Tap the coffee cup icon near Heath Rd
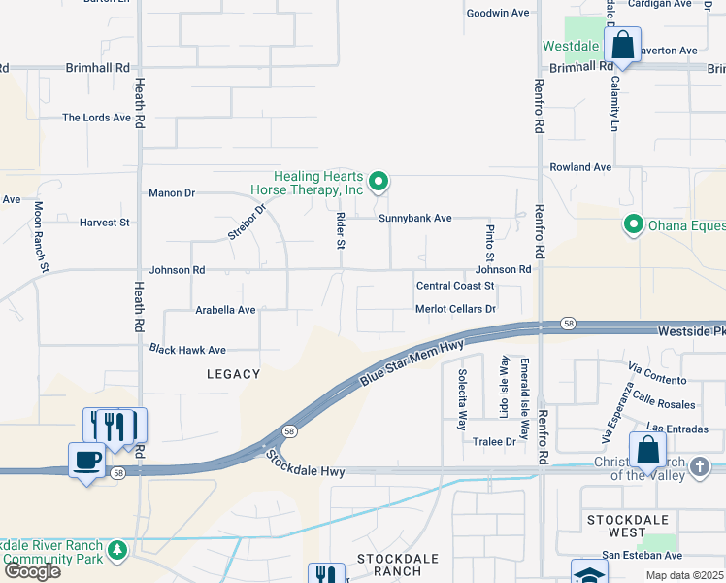[86, 460]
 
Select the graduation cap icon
[588, 574]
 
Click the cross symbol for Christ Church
[699, 467]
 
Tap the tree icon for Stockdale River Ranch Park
[116, 551]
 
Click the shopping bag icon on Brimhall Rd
[621, 45]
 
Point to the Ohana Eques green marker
[634, 225]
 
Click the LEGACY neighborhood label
[233, 374]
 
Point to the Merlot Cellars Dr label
[455, 309]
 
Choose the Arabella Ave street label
[225, 310]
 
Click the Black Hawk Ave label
[187, 349]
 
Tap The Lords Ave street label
[96, 118]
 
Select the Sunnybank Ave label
[415, 219]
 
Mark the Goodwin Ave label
[498, 13]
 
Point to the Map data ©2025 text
[684, 576]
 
